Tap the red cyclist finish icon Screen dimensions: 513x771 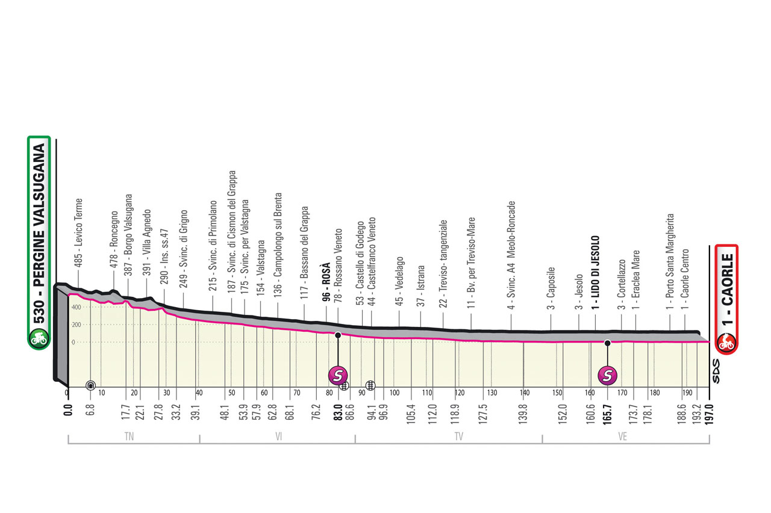(x=726, y=343)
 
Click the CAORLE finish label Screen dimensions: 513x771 (x=726, y=289)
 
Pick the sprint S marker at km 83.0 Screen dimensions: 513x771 (x=339, y=375)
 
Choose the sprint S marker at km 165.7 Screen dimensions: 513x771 (x=607, y=375)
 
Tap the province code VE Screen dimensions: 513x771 (x=623, y=438)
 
